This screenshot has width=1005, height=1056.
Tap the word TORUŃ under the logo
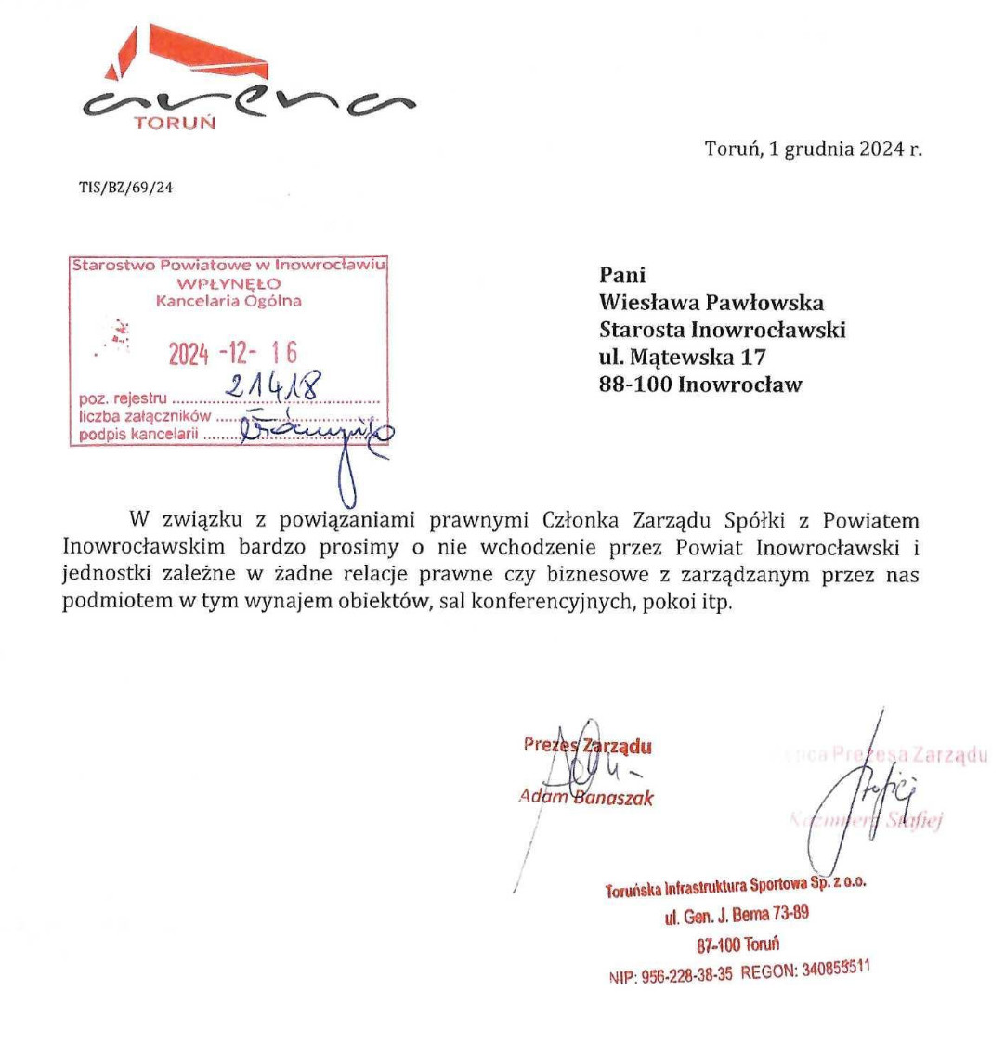[x=175, y=123]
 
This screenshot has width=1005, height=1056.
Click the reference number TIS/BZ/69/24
[x=125, y=188]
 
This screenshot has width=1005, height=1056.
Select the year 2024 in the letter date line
[x=877, y=149]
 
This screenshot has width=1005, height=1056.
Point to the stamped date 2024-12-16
[x=232, y=353]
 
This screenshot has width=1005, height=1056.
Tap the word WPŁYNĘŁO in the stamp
[x=228, y=283]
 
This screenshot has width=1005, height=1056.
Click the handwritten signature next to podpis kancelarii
[x=316, y=431]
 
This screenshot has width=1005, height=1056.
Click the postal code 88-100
[x=636, y=385]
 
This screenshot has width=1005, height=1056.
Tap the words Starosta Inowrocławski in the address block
[x=722, y=330]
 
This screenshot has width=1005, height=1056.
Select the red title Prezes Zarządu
[x=587, y=745]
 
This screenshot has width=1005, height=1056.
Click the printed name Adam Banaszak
[x=586, y=797]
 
